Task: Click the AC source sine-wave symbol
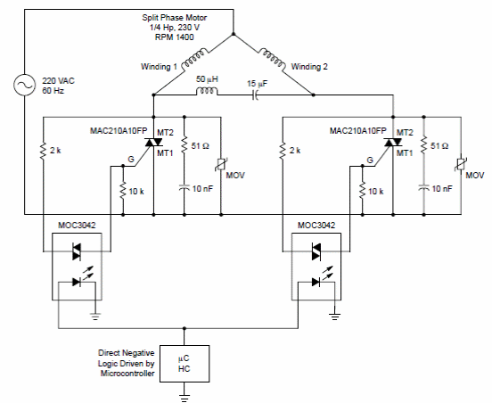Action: point(24,85)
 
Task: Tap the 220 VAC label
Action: point(58,81)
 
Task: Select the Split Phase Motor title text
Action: point(175,18)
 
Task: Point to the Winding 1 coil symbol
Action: point(195,57)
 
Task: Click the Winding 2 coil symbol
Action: point(273,58)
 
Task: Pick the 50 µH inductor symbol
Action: point(207,91)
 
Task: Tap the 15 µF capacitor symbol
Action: point(256,95)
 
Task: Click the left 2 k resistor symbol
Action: point(43,151)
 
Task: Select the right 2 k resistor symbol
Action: point(283,151)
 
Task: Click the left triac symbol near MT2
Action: point(153,142)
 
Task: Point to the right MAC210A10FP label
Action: point(358,131)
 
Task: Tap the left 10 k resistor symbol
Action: point(123,190)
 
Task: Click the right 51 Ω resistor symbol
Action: point(424,144)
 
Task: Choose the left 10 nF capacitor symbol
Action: point(184,188)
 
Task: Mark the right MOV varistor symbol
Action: point(461,164)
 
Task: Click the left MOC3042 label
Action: point(77,226)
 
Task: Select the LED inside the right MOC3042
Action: point(316,282)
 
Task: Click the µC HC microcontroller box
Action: point(184,364)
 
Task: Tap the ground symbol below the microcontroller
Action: point(184,397)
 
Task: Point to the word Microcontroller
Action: point(127,374)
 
